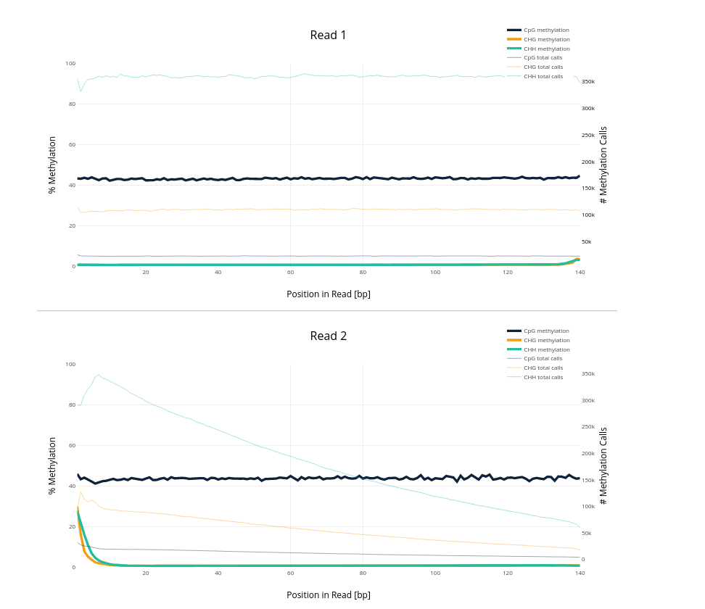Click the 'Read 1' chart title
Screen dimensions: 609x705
click(x=328, y=36)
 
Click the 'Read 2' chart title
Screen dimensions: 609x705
click(x=328, y=336)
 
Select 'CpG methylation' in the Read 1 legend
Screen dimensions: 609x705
click(x=546, y=30)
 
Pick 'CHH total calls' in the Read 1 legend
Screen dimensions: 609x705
click(x=543, y=77)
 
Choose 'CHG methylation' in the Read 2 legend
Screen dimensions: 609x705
click(x=546, y=341)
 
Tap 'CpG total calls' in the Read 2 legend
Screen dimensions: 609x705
click(x=543, y=359)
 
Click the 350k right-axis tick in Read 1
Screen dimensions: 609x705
click(x=588, y=82)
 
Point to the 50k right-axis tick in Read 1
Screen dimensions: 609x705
click(x=586, y=242)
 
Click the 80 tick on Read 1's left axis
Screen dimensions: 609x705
click(x=72, y=104)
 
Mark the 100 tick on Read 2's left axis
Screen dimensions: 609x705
click(x=70, y=365)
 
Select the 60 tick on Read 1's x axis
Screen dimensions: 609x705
click(x=290, y=273)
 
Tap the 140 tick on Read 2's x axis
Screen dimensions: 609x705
click(x=580, y=573)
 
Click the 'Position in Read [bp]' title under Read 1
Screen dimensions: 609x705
click(x=328, y=294)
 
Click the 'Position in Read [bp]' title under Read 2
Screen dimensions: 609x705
click(x=328, y=595)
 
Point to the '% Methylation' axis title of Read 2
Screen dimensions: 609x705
click(x=52, y=465)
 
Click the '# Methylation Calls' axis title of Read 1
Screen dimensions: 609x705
click(x=603, y=165)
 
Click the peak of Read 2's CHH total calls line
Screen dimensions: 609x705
click(x=99, y=375)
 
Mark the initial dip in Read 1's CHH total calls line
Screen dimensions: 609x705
click(x=81, y=91)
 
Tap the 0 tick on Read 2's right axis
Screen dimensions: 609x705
click(x=582, y=560)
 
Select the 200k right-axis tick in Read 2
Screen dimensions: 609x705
click(x=588, y=454)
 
